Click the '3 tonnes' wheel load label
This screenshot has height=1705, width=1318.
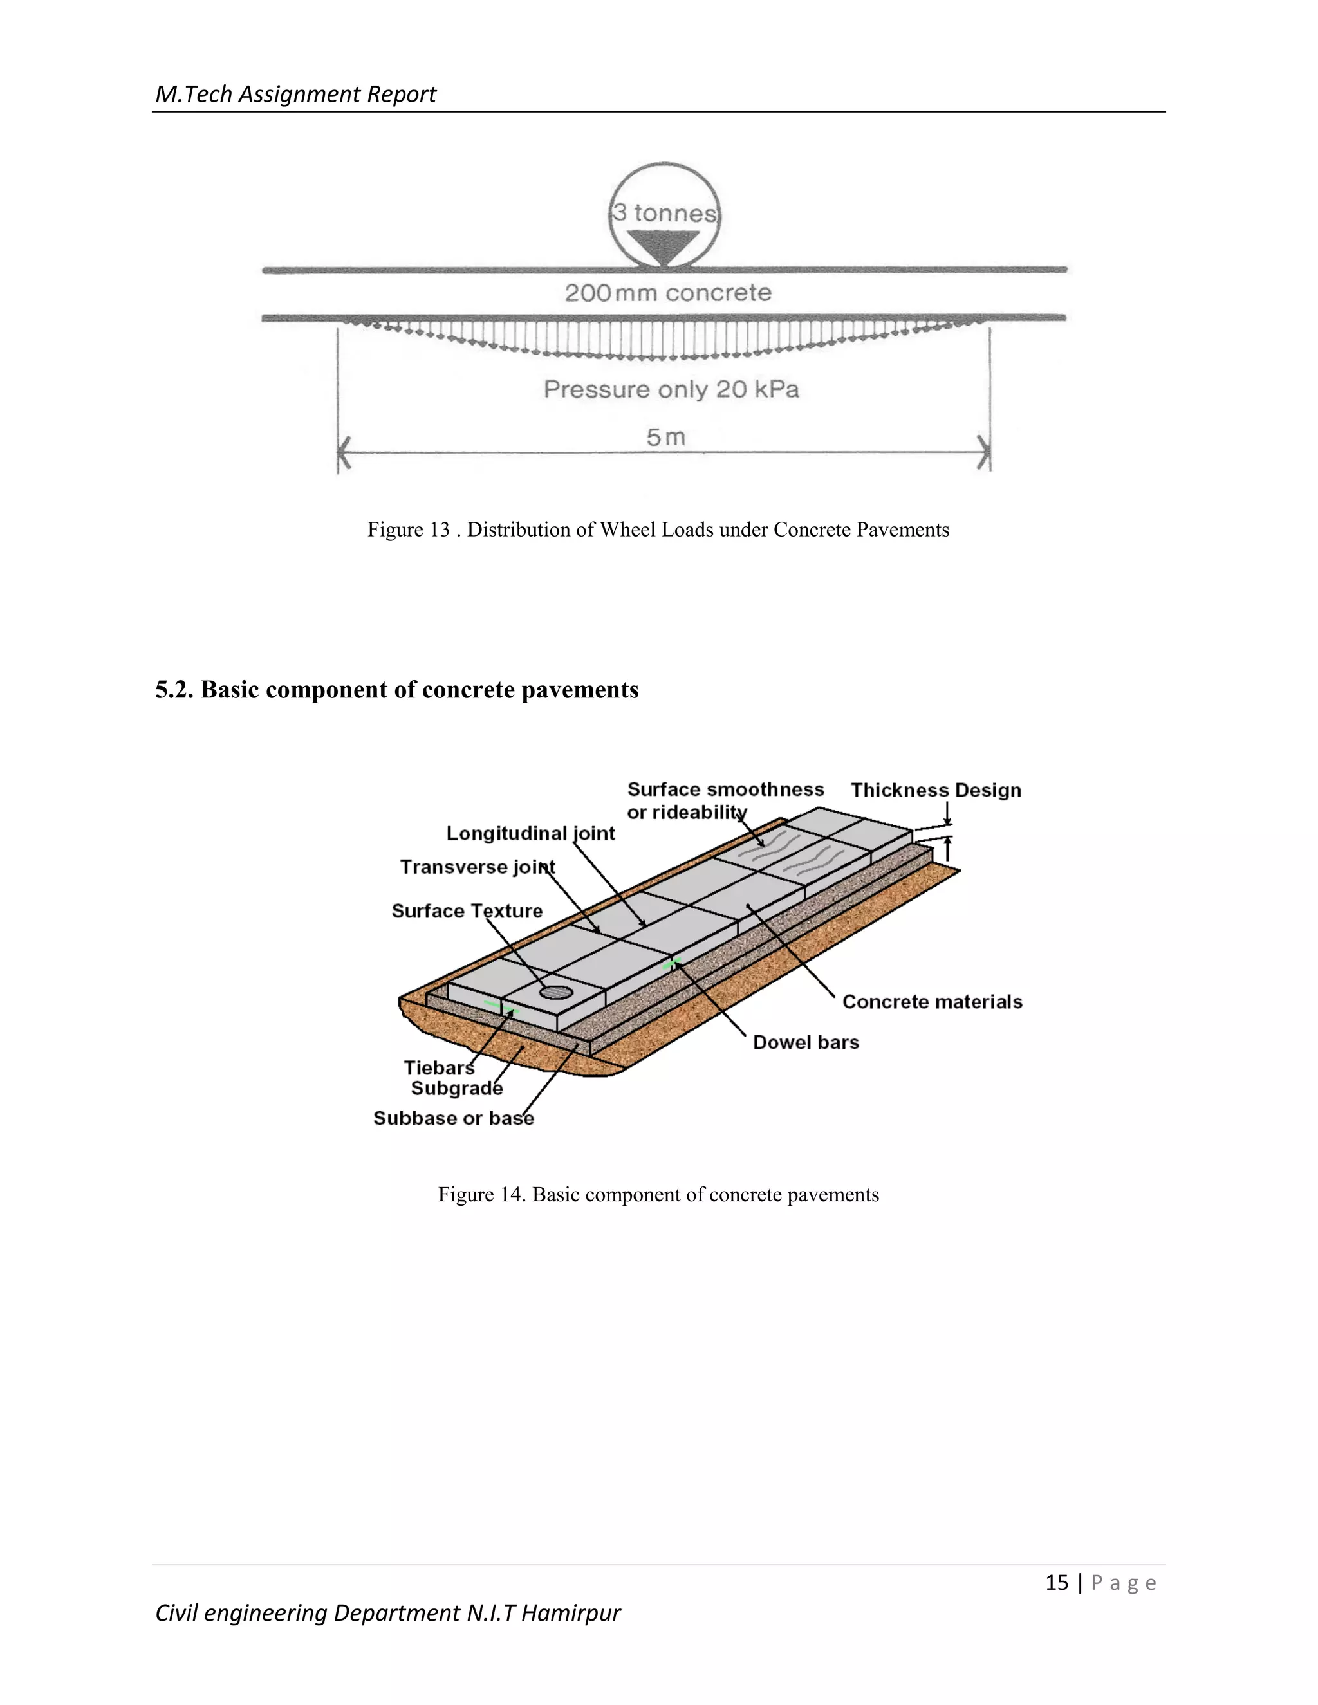pos(664,212)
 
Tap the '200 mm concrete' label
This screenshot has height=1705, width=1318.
pos(667,293)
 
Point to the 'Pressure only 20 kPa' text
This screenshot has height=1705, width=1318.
pos(671,389)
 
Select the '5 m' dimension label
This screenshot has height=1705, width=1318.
pos(665,437)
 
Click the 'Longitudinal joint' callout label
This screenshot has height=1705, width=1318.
pos(530,833)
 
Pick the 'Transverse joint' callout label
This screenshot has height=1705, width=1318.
pos(477,867)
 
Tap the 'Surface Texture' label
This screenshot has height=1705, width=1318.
pos(467,910)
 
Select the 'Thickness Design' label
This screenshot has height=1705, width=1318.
pos(935,790)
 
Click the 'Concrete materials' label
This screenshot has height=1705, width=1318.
pos(931,1002)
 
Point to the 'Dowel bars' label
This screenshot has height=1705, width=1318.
pos(806,1042)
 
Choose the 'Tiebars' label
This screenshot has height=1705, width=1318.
pos(439,1067)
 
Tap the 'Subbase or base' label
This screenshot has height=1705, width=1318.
pos(454,1118)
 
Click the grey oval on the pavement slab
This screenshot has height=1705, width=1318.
pos(557,992)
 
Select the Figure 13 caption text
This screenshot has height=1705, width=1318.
pos(658,530)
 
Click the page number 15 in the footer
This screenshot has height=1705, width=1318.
pos(1057,1583)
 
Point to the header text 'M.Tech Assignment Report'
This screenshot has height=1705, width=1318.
pos(295,94)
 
